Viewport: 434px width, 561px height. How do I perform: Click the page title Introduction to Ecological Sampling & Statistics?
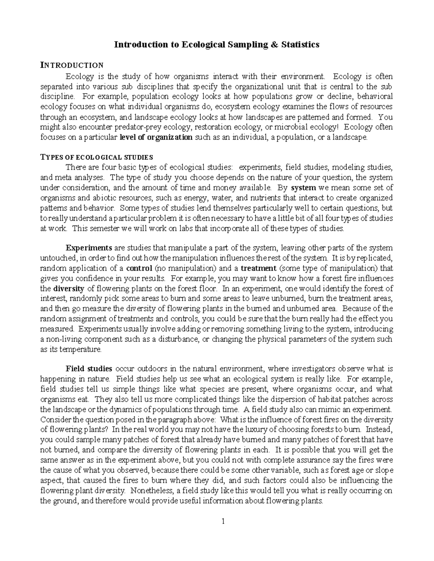click(217, 44)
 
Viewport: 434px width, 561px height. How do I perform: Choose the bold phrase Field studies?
click(89, 369)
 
